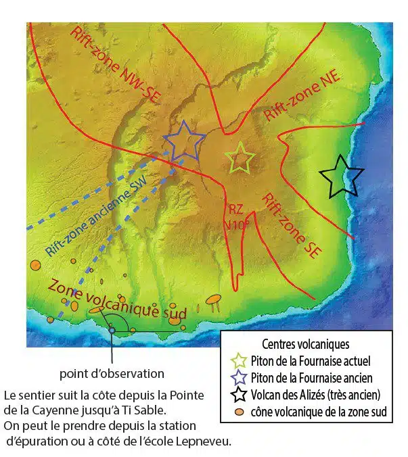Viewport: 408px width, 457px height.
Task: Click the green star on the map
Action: tap(240, 158)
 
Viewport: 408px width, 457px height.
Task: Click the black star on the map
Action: tap(342, 176)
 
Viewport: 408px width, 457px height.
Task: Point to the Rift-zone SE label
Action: tap(291, 223)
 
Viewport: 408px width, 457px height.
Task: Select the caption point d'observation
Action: tap(112, 373)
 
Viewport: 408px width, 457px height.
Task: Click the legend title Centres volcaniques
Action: tap(305, 345)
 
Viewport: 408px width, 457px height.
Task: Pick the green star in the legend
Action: tap(237, 361)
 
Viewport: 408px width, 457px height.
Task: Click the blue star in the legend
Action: tap(237, 378)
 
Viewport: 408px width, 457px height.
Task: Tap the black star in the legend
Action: tap(237, 395)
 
